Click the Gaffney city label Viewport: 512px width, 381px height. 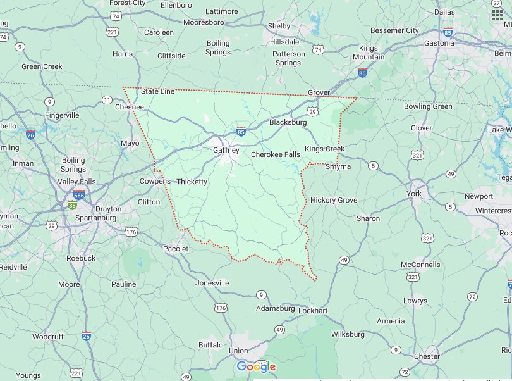tap(226, 151)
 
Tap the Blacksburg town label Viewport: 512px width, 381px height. tap(288, 122)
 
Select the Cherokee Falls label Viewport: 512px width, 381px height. tap(275, 154)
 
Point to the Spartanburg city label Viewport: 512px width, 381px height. tap(96, 218)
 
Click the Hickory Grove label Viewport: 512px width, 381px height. tap(334, 200)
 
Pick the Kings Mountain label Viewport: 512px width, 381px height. tap(368, 53)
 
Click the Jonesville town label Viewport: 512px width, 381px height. tap(212, 283)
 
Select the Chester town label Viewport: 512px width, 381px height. tap(427, 356)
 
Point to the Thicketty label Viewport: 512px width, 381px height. tap(192, 182)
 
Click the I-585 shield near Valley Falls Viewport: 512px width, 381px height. tap(79, 194)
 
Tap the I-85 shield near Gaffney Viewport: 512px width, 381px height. tap(241, 131)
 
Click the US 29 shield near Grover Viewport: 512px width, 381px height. tap(312, 111)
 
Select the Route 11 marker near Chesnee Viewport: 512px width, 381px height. tap(107, 100)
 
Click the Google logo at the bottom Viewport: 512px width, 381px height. tap(256, 366)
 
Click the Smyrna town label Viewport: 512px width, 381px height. tap(338, 166)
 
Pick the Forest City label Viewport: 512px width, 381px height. tap(128, 3)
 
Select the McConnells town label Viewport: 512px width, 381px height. tap(420, 265)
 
